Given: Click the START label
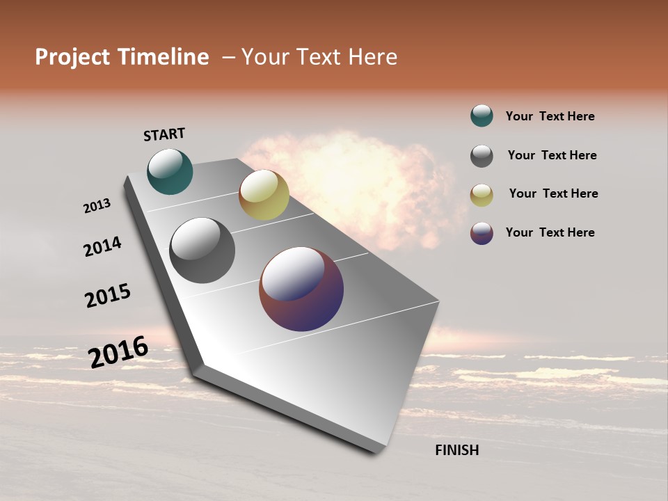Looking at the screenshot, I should [164, 134].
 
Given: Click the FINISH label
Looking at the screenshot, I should [456, 450].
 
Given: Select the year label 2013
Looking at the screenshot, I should [97, 206].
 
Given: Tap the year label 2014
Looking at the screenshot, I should [102, 246].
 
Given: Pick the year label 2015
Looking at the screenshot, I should [108, 296].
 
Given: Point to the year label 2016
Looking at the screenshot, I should [118, 352].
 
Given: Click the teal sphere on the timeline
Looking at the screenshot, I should [170, 171].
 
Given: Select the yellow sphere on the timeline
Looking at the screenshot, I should [264, 195].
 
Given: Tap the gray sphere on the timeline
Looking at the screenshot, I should [202, 250].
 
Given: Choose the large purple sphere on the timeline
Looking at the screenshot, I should [301, 289].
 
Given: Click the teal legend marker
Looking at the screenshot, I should [482, 116].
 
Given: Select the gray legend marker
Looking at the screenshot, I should [482, 156].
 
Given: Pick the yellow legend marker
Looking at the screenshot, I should [482, 195].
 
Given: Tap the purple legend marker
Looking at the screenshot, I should [482, 233].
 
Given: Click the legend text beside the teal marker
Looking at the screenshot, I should [550, 116].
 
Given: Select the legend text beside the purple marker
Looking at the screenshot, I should [550, 232].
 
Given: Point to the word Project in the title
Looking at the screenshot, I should [72, 57].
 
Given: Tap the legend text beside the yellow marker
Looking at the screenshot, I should [553, 193].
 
